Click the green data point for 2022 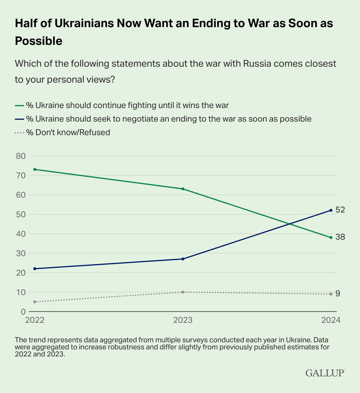point(35,169)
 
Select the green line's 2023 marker point(183,189)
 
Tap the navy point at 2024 point(331,210)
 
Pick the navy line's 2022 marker point(35,269)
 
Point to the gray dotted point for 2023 point(183,292)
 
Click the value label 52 point(340,210)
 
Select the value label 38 point(340,237)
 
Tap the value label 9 point(338,294)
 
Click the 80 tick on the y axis point(20,156)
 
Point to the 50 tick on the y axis point(20,214)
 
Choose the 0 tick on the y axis point(23,312)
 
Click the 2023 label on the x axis point(183,320)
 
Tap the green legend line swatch point(19,105)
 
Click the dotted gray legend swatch point(19,132)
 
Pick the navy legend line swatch point(19,119)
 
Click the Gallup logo point(325,373)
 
